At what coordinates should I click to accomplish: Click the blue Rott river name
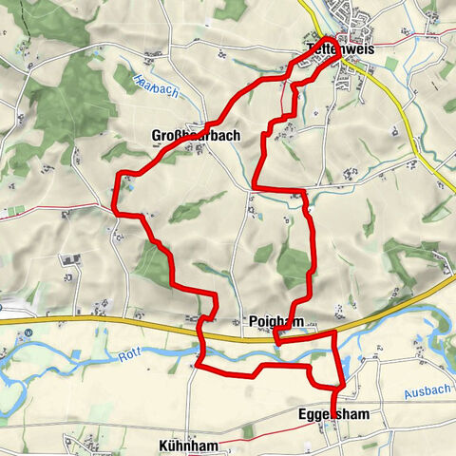pos(129,356)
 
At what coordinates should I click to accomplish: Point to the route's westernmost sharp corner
pos(114,209)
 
